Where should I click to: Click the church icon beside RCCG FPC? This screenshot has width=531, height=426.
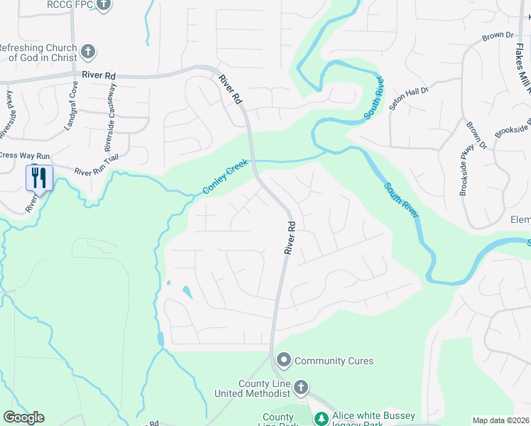[x=104, y=5]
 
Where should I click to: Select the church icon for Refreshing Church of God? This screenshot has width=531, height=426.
[x=88, y=52]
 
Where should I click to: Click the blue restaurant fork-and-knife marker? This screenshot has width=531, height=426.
[x=38, y=177]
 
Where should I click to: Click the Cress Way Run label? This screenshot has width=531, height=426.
[x=24, y=155]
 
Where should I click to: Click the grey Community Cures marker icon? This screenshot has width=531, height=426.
[x=284, y=361]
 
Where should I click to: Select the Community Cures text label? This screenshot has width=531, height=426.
[x=334, y=361]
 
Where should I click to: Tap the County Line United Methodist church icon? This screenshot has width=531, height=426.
[x=301, y=388]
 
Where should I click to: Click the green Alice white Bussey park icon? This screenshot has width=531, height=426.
[x=321, y=419]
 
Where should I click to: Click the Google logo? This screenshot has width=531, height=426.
[x=23, y=417]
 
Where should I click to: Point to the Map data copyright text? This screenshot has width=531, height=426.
[x=501, y=420]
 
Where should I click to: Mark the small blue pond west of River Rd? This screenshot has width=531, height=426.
[x=187, y=292]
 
